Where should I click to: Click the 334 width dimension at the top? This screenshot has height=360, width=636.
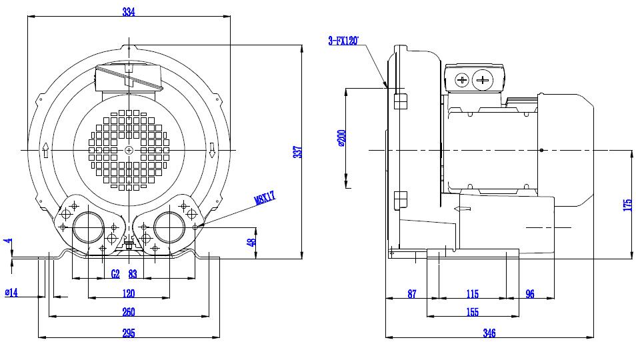[x=129, y=12]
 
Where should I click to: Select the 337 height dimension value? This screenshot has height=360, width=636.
[x=298, y=152]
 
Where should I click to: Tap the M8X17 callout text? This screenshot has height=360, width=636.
[x=265, y=197]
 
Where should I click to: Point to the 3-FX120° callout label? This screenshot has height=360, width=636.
[x=343, y=41]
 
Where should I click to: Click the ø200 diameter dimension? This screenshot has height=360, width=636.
[x=341, y=138]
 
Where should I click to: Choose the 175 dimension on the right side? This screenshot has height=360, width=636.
[x=627, y=205]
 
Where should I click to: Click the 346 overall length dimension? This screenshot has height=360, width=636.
[x=489, y=333]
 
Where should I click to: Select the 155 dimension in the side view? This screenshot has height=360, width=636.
[x=473, y=312]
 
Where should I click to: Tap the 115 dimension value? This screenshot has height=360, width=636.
[x=473, y=294]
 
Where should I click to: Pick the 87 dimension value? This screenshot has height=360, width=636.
[x=412, y=294]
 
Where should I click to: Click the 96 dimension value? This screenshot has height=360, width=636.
[x=530, y=294]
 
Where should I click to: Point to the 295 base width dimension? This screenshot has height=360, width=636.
[x=129, y=333]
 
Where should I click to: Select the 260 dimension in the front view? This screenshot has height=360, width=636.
[x=129, y=312]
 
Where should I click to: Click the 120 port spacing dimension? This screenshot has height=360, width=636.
[x=129, y=293]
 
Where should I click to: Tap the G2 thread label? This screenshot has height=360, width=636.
[x=115, y=274]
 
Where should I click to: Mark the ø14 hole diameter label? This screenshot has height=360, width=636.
[x=11, y=292]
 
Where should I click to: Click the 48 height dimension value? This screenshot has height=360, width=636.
[x=252, y=242]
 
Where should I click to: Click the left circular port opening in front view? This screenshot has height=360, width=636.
[x=89, y=227]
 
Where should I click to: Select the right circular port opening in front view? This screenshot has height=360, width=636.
[x=169, y=227]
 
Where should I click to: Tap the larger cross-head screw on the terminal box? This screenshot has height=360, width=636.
[x=482, y=79]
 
